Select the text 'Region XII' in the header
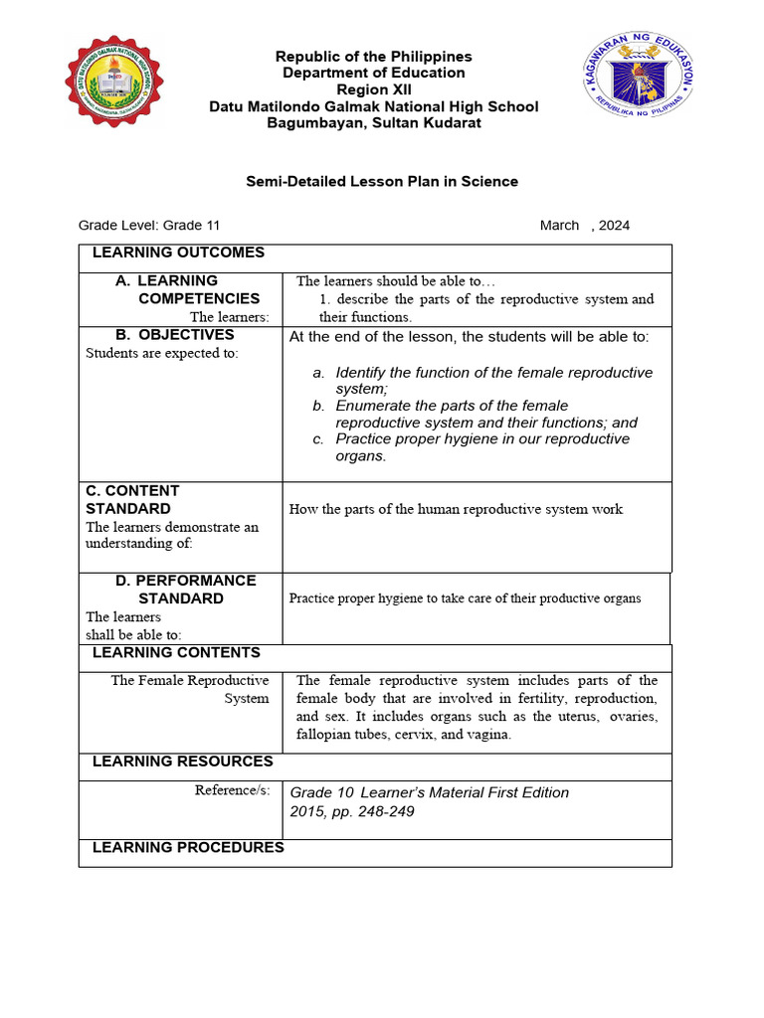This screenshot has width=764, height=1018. [374, 89]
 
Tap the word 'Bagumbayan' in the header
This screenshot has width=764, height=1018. [308, 122]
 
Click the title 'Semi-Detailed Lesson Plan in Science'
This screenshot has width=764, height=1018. [382, 181]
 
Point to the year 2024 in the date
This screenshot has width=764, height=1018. [614, 226]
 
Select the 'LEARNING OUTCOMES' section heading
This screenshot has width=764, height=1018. [178, 253]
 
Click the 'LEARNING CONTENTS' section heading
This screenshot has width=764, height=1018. [176, 652]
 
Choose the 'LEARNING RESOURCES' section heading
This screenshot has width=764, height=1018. [182, 761]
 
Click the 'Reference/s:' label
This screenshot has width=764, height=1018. [234, 790]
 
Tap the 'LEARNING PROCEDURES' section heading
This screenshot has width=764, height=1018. [188, 847]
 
